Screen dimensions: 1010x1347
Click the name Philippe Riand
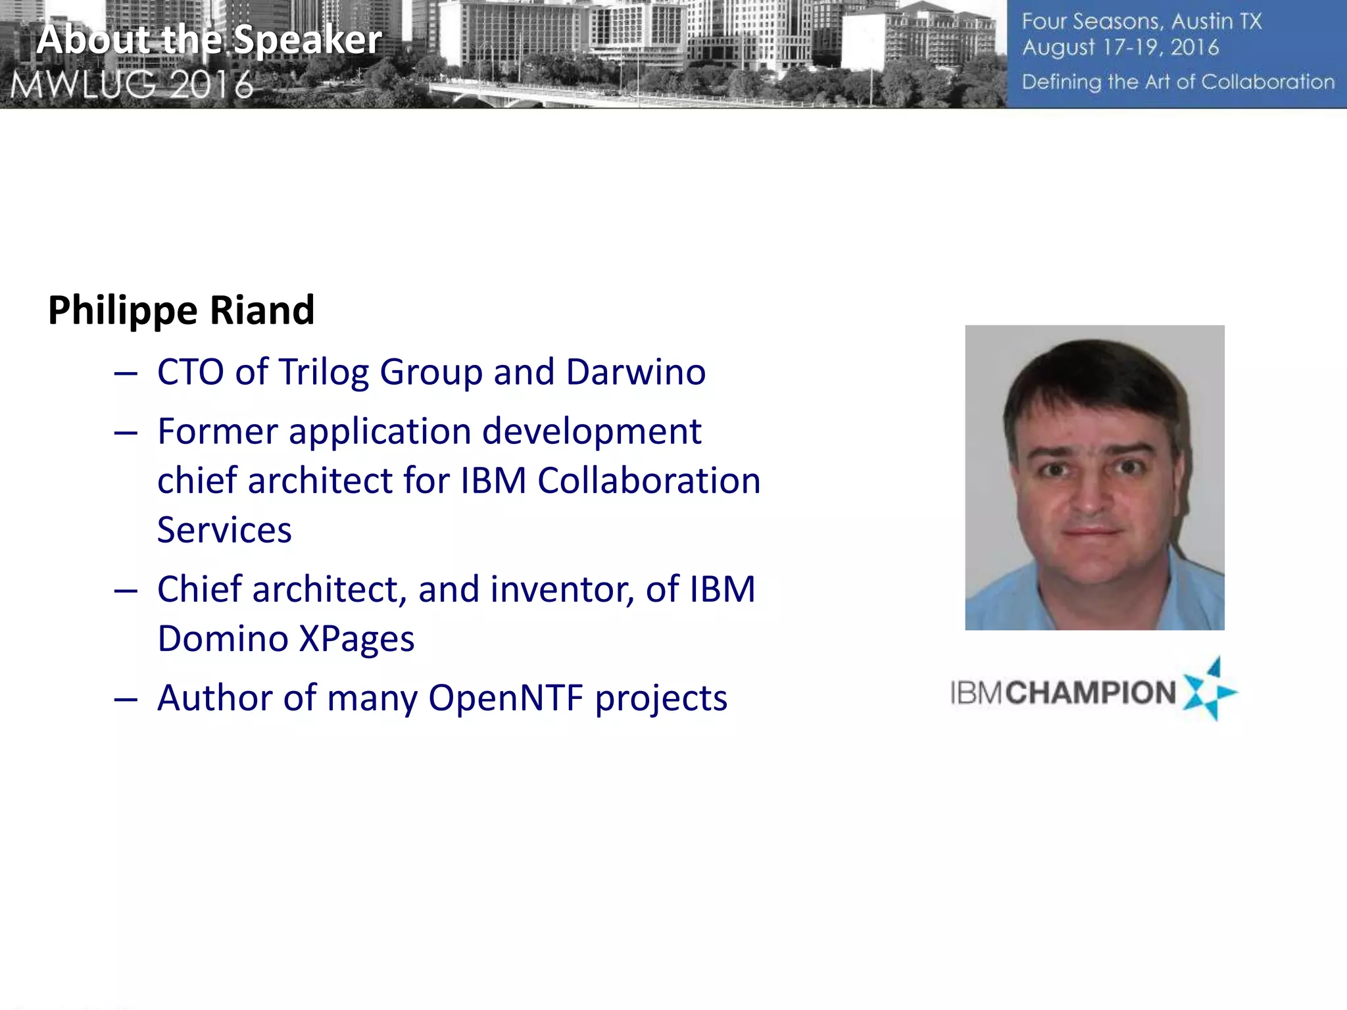tap(181, 310)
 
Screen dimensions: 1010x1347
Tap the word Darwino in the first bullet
tap(635, 372)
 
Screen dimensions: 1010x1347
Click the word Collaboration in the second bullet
tap(649, 481)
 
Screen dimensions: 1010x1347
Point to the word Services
tap(224, 530)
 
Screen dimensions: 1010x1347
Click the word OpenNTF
tap(506, 698)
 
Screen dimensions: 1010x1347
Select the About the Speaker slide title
tap(209, 39)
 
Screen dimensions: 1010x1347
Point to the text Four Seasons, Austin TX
tap(1141, 22)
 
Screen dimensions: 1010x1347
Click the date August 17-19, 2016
tap(1120, 48)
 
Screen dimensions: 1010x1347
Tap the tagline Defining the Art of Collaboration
tap(1177, 82)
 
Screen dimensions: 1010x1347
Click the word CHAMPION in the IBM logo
tap(1090, 693)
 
